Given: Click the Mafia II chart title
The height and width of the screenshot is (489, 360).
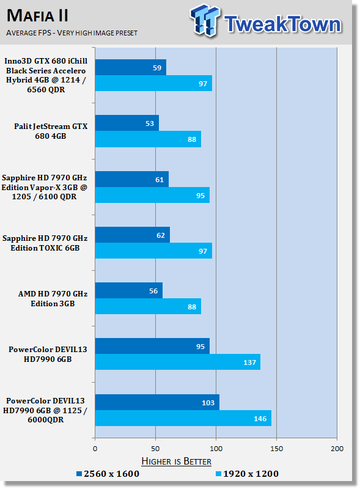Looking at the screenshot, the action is [x=37, y=16].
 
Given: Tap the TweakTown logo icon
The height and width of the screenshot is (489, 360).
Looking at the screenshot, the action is [x=205, y=20].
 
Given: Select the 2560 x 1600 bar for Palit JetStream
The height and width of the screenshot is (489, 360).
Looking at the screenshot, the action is [x=127, y=123].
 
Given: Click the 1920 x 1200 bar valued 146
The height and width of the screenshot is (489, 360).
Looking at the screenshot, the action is [x=183, y=418].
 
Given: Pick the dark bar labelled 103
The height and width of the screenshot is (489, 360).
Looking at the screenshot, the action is [x=157, y=402].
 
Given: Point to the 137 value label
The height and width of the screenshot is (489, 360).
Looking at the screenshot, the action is [x=249, y=362].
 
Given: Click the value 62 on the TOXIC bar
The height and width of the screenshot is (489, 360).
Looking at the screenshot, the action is [x=161, y=235].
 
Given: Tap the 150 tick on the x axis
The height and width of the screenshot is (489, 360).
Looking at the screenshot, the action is [x=277, y=449].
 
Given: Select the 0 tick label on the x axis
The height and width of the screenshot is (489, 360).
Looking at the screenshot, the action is [x=95, y=449].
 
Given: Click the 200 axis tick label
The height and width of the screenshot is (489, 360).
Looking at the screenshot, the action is [x=337, y=449].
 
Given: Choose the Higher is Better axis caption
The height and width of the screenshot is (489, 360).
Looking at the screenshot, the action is [x=177, y=461].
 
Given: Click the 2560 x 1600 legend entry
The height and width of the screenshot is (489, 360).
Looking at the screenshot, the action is [x=108, y=474].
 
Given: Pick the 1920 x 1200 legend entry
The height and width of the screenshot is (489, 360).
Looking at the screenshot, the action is [x=247, y=474].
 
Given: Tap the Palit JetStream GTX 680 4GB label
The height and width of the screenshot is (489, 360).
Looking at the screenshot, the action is [x=51, y=131].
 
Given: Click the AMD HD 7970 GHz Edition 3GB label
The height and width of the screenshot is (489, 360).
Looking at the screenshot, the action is [x=53, y=299].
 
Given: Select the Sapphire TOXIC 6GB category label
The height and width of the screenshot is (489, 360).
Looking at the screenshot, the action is [x=45, y=243].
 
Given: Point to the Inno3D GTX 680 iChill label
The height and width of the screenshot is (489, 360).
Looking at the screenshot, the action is [x=46, y=75].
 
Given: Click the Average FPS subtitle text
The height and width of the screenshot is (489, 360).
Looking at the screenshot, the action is [x=72, y=33].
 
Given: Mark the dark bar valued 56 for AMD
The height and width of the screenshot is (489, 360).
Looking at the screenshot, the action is [x=129, y=290].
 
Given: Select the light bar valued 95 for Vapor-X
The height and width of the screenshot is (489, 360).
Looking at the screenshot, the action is [x=152, y=195].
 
